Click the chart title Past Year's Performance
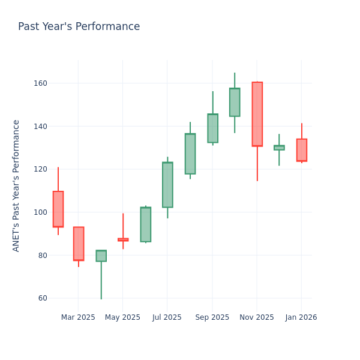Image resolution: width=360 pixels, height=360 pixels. tap(79, 27)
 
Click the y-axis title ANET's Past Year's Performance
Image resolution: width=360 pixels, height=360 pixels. tap(16, 185)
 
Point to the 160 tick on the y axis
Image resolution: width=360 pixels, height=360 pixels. tap(40, 83)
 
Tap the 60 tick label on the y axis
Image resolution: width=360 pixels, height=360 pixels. tap(42, 298)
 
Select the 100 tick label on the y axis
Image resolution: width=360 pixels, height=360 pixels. tap(40, 212)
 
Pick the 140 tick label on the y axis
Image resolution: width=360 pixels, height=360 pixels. tap(40, 127)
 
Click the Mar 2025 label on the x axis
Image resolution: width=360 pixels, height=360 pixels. tap(78, 317)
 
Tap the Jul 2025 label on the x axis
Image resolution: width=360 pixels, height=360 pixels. tap(167, 317)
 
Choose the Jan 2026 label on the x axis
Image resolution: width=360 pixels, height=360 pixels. tap(301, 317)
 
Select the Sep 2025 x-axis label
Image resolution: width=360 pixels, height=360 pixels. tap(212, 317)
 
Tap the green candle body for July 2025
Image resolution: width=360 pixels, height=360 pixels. tap(167, 185)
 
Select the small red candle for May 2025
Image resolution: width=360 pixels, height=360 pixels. tap(123, 239)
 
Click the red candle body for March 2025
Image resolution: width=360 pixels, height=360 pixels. tap(79, 244)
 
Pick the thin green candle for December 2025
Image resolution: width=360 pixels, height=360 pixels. tap(279, 148)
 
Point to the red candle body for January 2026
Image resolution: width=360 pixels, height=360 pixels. tap(301, 150)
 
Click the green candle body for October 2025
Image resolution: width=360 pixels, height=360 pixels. tap(235, 102)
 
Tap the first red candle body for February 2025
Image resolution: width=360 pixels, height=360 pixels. tap(58, 209)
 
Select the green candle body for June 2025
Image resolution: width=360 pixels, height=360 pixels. tap(145, 224)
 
